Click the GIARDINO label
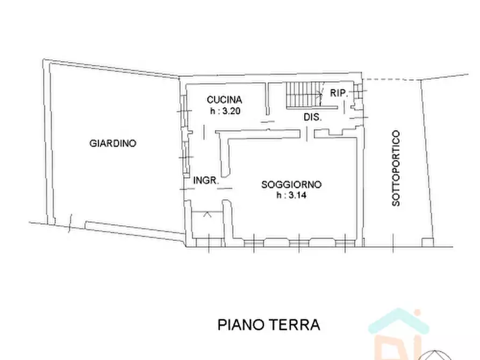(x=113, y=143)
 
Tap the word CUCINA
(x=225, y=99)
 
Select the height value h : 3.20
(x=225, y=111)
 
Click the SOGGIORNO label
(x=291, y=184)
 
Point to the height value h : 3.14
(x=291, y=196)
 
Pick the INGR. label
(x=206, y=181)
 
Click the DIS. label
(x=312, y=117)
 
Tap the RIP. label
(x=338, y=93)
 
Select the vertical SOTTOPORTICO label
(x=396, y=168)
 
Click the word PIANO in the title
(x=240, y=325)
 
